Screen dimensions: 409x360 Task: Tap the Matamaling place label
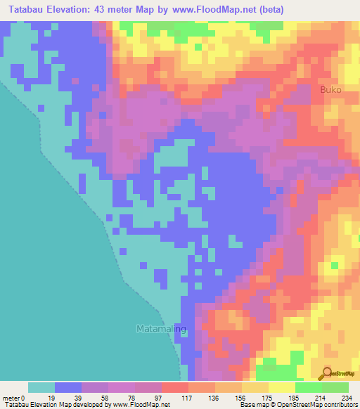coord(161,328)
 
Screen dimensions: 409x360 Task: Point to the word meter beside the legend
coord(10,397)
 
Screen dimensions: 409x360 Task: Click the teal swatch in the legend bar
coord(41,387)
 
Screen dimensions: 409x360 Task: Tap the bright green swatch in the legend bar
coord(308,387)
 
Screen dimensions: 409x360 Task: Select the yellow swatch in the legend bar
coord(281,387)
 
